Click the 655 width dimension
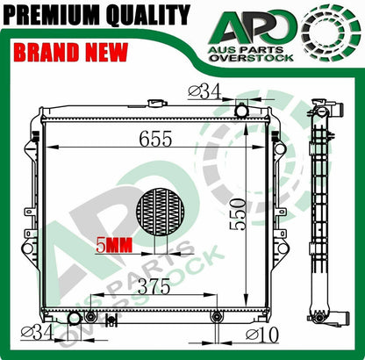coord(158,139)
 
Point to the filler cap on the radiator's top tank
coord(158,104)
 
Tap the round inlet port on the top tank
coord(241,111)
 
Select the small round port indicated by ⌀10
coord(216,315)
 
